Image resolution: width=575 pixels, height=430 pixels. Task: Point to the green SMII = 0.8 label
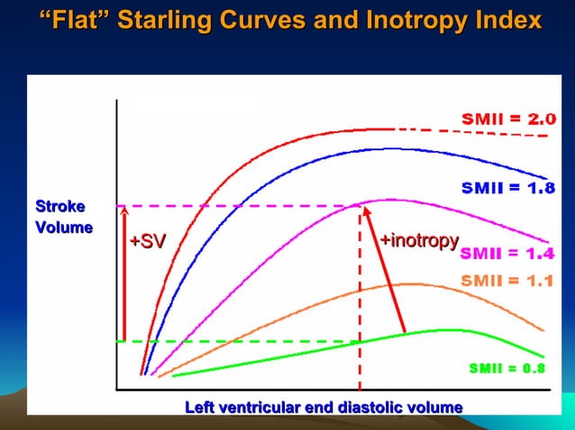click(x=507, y=368)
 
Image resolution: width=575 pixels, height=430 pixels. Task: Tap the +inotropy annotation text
click(x=419, y=240)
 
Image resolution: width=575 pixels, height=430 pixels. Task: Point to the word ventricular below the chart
click(x=262, y=408)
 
